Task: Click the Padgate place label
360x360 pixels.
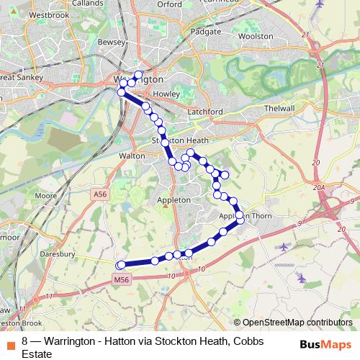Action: click(x=207, y=32)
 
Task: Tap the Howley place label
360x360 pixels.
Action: click(x=166, y=94)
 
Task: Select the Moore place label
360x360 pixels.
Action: click(x=45, y=196)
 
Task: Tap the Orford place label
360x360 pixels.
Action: click(x=169, y=4)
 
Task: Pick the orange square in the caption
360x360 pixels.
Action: click(x=11, y=342)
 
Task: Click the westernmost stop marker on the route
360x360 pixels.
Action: click(x=121, y=266)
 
